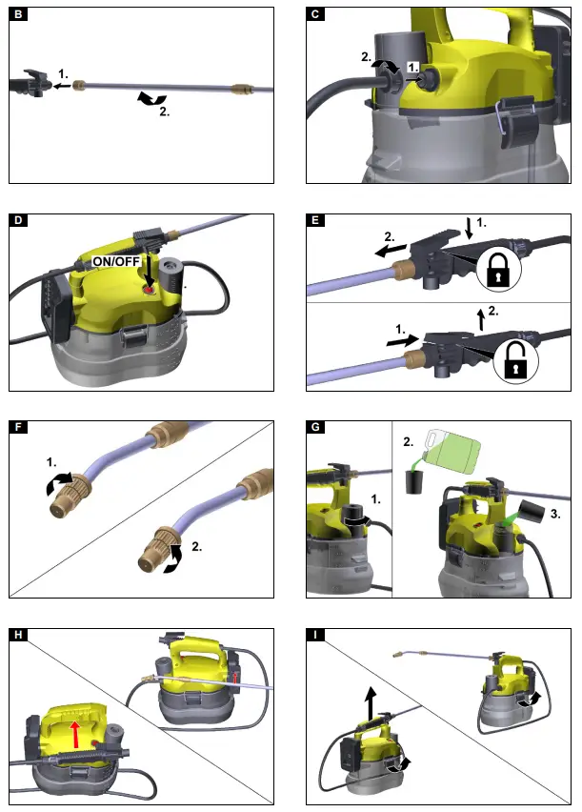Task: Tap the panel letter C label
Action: [316, 15]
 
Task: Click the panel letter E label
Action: [316, 222]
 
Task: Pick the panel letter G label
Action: [316, 428]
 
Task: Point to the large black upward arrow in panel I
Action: [368, 699]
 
